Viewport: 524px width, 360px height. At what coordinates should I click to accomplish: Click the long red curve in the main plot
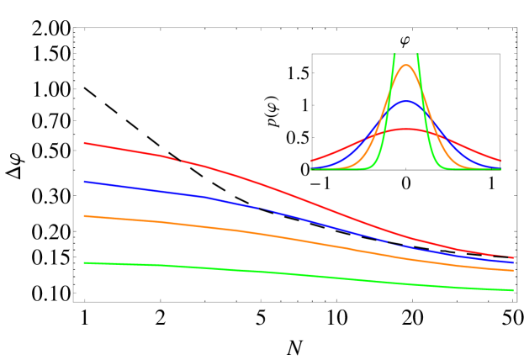click(x=252, y=181)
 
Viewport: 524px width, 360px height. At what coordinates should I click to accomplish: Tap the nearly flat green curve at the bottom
click(x=252, y=271)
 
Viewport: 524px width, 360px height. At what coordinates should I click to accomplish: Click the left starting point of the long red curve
click(x=84, y=143)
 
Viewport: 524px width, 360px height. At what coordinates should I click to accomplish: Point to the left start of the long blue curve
click(x=84, y=181)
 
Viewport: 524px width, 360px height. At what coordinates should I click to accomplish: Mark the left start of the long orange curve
click(x=84, y=216)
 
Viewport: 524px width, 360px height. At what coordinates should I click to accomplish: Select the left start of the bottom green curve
click(x=84, y=262)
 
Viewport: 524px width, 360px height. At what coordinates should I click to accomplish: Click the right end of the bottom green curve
click(x=513, y=290)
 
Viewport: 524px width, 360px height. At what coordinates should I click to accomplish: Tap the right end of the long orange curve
click(x=513, y=271)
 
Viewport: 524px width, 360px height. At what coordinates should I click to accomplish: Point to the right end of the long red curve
click(x=513, y=257)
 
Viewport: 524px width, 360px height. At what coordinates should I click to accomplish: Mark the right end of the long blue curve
click(x=513, y=262)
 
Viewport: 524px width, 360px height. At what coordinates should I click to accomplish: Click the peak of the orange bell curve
click(x=406, y=65)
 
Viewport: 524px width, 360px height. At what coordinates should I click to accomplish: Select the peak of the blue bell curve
click(x=406, y=102)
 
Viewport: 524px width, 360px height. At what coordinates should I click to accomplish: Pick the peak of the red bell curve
click(x=406, y=130)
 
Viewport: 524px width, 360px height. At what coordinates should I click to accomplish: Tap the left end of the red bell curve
click(x=311, y=161)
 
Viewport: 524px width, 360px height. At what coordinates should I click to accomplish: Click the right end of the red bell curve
click(x=501, y=161)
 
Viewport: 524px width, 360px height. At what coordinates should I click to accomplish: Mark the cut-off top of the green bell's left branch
click(x=394, y=56)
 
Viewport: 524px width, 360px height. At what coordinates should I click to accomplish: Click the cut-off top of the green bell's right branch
click(x=418, y=56)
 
